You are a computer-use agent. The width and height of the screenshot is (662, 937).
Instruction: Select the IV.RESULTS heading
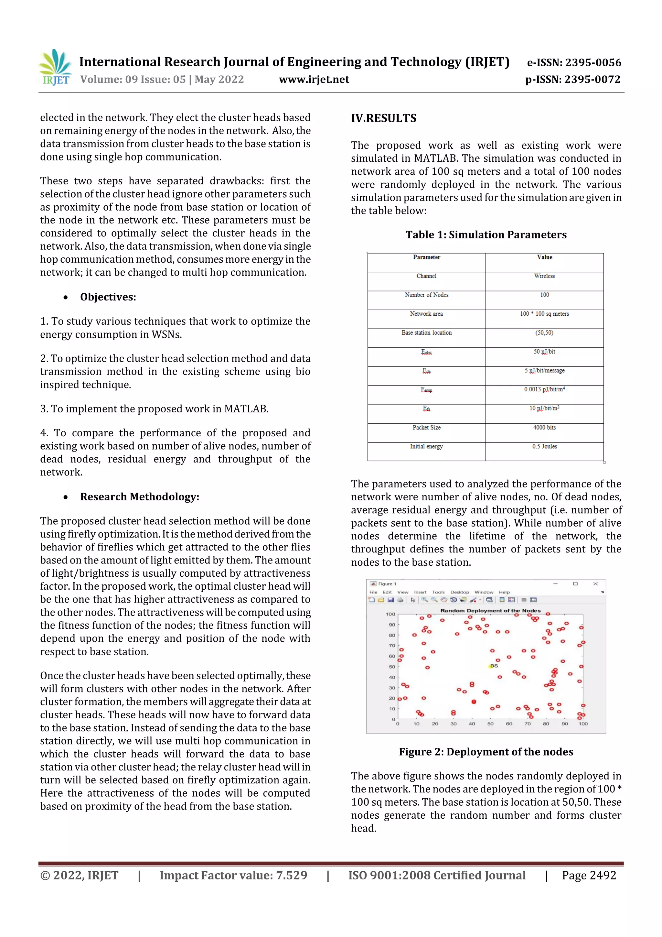point(383,118)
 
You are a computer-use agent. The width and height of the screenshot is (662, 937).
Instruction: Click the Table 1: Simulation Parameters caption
point(486,235)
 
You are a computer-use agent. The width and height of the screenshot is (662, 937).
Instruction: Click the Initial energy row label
point(426,446)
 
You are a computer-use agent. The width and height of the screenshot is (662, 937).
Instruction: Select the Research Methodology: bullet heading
point(140,497)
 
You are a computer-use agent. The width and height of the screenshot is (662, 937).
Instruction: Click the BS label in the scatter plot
point(494,666)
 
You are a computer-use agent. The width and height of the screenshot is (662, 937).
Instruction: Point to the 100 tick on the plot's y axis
point(390,614)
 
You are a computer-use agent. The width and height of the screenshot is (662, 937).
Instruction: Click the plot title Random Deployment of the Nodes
point(490,611)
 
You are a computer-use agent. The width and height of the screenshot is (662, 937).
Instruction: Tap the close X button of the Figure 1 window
point(595,583)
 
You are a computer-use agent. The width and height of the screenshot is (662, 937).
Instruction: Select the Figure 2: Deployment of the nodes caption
point(486,752)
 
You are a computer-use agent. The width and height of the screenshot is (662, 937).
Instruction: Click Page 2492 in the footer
point(589,875)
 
